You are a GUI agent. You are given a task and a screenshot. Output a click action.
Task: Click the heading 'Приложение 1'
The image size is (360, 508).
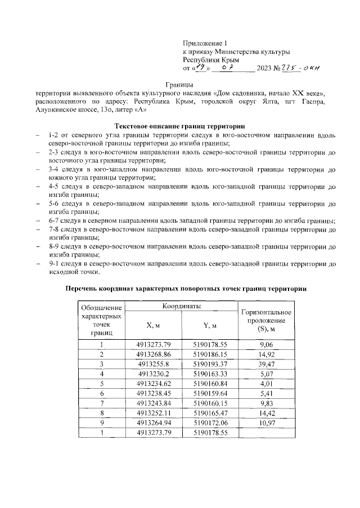coord(205,43)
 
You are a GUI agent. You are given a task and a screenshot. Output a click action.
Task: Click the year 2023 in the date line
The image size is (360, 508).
coord(264,69)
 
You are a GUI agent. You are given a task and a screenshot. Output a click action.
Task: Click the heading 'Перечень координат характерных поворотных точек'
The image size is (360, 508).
coord(186,288)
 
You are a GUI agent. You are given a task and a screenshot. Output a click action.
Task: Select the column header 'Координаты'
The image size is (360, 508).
coord(182,305)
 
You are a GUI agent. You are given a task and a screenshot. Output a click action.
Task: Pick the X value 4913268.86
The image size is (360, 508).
coord(153,354)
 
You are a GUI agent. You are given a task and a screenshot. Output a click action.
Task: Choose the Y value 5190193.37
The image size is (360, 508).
coord(210,364)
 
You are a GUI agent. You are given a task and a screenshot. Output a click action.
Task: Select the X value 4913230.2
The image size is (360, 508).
coord(153,374)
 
